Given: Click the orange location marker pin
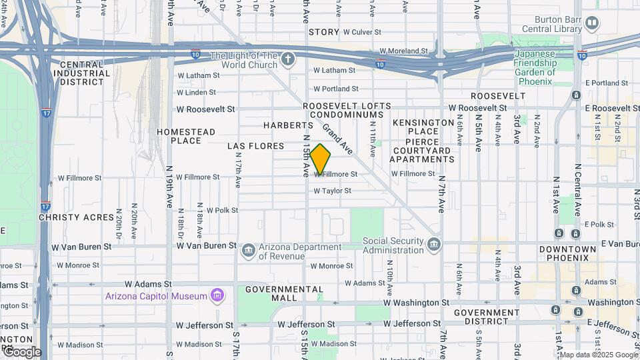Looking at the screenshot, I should click(x=321, y=159).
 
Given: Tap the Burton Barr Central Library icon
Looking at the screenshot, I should click(x=591, y=25).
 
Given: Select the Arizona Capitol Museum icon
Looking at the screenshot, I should click(x=217, y=295).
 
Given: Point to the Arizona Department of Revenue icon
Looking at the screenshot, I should click(x=249, y=251).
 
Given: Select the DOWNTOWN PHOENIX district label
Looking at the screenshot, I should click(x=568, y=254).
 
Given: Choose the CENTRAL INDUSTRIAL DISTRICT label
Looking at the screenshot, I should click(x=81, y=73).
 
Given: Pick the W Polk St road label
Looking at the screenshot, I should click(x=222, y=210).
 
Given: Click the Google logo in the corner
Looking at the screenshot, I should click(x=23, y=352).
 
